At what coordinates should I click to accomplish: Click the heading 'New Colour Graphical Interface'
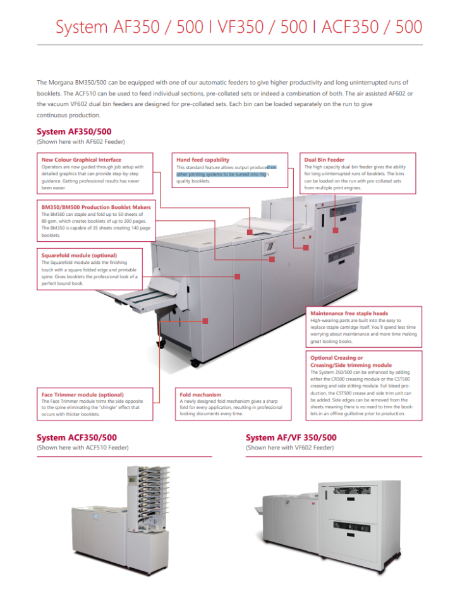pos(81,160)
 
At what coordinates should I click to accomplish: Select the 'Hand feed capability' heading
pos(203,160)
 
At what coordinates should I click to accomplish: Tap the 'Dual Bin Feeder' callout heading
pos(324,160)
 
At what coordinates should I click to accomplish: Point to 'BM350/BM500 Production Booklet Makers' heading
pos(96,207)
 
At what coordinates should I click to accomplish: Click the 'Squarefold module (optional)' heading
pos(79,255)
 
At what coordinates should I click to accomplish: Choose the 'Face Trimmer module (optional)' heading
pos(83,395)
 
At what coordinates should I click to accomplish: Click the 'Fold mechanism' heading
pos(200,395)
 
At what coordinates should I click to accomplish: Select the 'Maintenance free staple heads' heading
pos(349,313)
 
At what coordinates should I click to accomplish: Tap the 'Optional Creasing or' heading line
pos(337,358)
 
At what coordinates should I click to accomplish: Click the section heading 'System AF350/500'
pos(74,132)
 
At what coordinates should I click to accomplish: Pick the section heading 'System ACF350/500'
pos(76,437)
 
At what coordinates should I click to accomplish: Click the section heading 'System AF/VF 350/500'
pos(291,437)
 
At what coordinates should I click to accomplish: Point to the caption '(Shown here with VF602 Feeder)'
pos(289,448)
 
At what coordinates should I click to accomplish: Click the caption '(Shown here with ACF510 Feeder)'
pos(83,448)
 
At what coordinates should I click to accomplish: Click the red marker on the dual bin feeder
pos(336,230)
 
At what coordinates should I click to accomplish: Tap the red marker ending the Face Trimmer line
pos(205,321)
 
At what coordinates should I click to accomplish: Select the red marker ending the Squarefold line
pos(238,276)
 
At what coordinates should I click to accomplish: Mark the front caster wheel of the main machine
pos(195,364)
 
